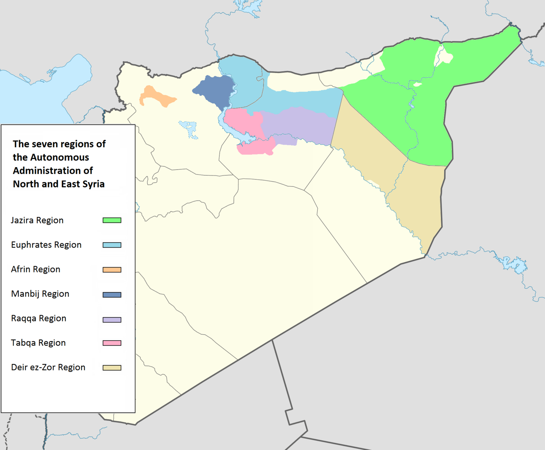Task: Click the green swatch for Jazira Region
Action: (112, 220)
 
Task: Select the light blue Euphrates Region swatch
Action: (112, 245)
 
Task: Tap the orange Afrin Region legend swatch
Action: (112, 270)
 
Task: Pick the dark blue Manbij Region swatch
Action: (112, 295)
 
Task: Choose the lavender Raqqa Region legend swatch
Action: (112, 320)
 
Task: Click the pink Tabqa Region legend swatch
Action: (112, 343)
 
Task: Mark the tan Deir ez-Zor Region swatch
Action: (112, 368)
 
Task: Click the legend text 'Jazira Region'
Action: (37, 220)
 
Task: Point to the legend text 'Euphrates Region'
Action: (46, 245)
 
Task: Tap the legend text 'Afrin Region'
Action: (36, 269)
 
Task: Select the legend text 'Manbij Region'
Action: (40, 294)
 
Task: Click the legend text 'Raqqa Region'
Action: (39, 319)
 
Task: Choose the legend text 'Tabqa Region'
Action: (38, 343)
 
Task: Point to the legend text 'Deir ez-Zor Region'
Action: (48, 367)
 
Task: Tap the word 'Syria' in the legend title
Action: (94, 184)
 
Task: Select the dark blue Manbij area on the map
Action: (214, 90)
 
